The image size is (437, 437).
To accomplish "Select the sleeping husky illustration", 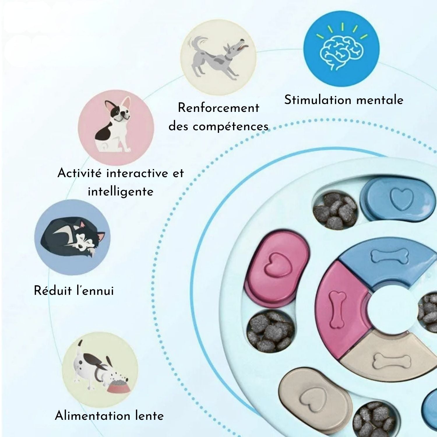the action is pyautogui.click(x=72, y=237).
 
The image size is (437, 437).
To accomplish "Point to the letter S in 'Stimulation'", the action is pyautogui.click(x=288, y=100).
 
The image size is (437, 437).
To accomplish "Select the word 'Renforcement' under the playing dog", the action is pyautogui.click(x=218, y=108).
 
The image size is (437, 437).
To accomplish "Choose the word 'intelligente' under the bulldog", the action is pyautogui.click(x=120, y=192).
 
